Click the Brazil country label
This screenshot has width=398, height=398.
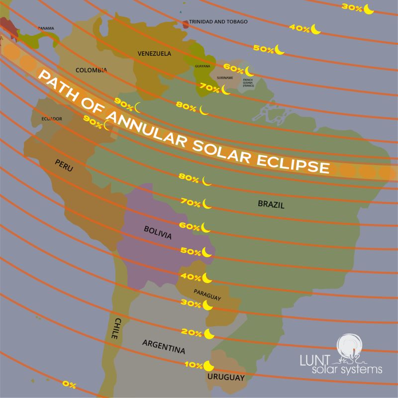[271, 203]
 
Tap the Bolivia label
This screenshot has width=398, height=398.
[157, 232]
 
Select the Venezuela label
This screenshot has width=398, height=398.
[154, 53]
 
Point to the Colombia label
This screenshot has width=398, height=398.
[91, 70]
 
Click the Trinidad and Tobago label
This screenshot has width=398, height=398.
[218, 22]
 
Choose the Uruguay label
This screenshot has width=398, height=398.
[226, 378]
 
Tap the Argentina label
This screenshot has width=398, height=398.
[164, 344]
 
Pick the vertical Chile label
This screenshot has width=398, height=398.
[114, 329]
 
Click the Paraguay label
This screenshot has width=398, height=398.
[207, 294]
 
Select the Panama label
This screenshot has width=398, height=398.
[46, 28]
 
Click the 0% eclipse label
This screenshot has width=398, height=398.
[69, 384]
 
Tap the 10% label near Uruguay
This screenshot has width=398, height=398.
[193, 365]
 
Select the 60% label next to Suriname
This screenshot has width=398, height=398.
[233, 68]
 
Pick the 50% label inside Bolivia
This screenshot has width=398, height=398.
[190, 251]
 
